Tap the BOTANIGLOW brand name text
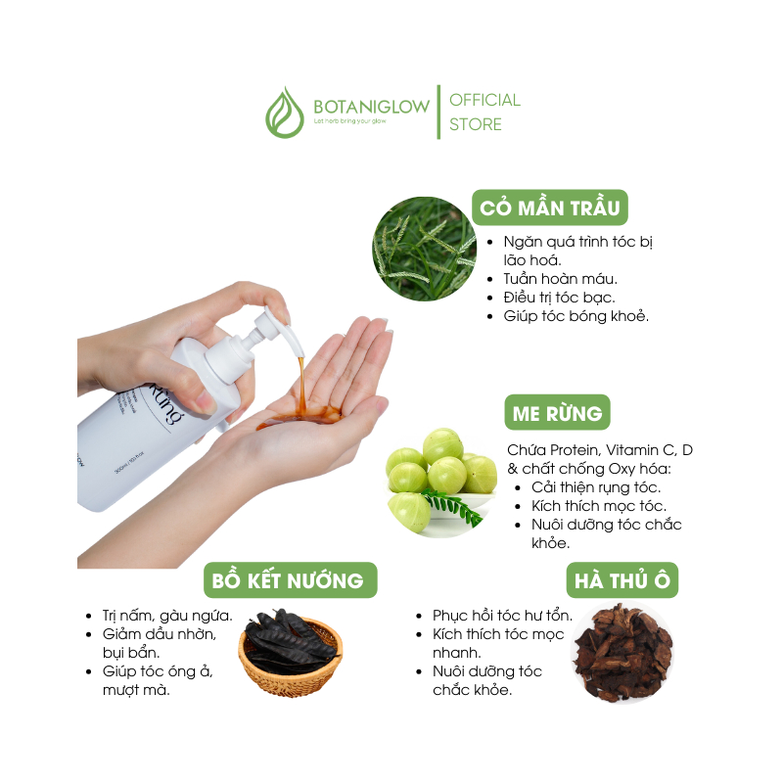point(371,107)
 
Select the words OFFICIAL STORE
point(484,112)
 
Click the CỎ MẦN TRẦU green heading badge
point(550,207)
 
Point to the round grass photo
point(425,249)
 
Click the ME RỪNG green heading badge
point(557,412)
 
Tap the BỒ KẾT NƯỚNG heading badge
point(290,580)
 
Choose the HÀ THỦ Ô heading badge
point(622,580)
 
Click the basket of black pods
point(291,652)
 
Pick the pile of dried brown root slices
point(622,653)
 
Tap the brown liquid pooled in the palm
point(299,418)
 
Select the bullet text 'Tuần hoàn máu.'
point(560,279)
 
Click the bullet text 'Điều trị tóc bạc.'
point(559,298)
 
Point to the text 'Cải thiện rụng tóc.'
point(596,487)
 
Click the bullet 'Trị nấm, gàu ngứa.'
point(167,616)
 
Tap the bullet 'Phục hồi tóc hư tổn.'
point(502,616)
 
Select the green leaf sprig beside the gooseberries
point(453,506)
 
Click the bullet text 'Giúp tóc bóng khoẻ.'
point(576,316)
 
